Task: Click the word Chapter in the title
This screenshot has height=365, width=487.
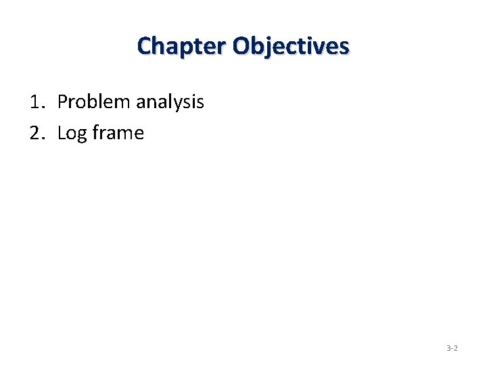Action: tap(181, 46)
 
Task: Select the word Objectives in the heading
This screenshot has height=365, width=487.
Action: tap(290, 47)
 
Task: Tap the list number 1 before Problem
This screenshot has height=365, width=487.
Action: tap(34, 102)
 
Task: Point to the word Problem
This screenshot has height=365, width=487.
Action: tap(94, 102)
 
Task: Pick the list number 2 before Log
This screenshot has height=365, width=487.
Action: tap(35, 133)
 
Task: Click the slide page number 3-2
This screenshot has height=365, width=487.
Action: tap(452, 348)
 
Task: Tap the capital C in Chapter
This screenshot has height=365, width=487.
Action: tap(144, 46)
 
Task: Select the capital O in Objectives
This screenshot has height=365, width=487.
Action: tap(241, 46)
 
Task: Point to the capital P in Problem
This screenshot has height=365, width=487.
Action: tap(62, 102)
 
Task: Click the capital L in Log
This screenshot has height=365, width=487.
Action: tap(62, 133)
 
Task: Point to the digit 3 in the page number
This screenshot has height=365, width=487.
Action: tap(448, 348)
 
